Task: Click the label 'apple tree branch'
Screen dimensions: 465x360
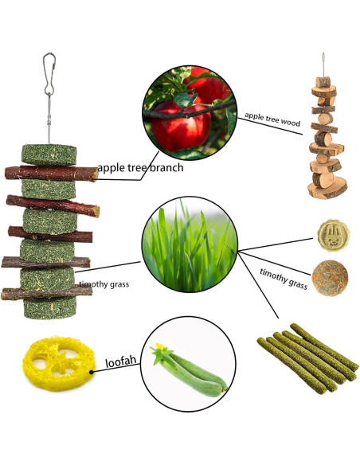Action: coord(140,168)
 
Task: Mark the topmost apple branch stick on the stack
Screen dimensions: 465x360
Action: coord(49,172)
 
